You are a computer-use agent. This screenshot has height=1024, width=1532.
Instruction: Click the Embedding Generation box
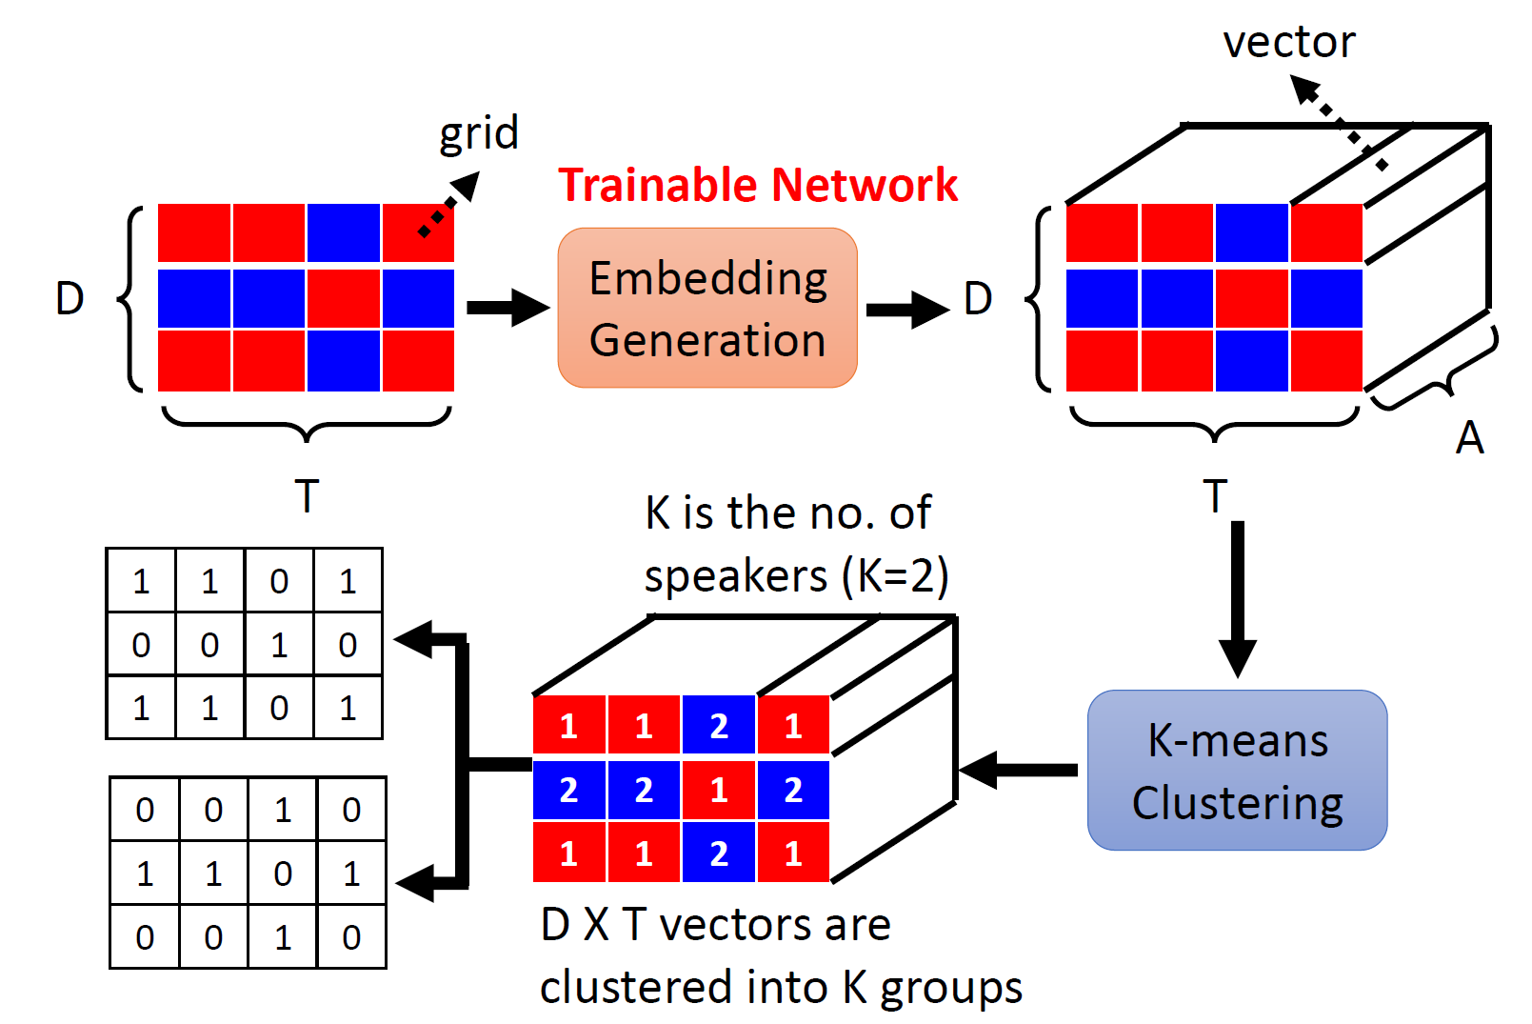[x=707, y=308]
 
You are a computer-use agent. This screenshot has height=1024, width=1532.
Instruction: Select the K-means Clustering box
[x=1237, y=771]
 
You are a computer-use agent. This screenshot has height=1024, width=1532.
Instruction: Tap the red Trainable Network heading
[x=758, y=185]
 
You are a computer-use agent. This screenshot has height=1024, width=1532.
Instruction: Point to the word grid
[x=479, y=134]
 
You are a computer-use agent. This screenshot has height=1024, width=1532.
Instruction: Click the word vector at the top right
[x=1289, y=42]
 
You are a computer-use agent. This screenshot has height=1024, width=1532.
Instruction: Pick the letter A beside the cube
[x=1470, y=437]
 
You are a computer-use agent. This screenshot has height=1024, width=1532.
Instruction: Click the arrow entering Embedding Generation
[x=508, y=308]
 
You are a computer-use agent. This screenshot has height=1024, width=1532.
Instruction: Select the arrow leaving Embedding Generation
[x=908, y=310]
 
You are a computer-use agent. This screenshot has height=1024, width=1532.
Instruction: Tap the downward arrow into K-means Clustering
[x=1237, y=599]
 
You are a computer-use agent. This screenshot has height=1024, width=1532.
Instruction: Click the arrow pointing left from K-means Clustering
[x=1019, y=771]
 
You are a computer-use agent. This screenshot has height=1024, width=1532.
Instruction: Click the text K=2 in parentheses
[x=895, y=576]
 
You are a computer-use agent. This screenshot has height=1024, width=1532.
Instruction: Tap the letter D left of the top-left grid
[x=70, y=299]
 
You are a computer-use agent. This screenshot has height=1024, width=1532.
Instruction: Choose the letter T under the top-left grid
[x=308, y=496]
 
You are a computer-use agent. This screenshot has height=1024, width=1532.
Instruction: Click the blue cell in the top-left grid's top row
[x=344, y=232]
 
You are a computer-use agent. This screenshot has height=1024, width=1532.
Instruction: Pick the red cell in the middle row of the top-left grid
[x=344, y=298]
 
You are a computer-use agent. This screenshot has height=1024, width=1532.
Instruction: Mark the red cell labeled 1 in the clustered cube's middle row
[x=718, y=790]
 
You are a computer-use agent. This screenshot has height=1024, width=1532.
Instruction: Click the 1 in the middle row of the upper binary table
[x=279, y=645]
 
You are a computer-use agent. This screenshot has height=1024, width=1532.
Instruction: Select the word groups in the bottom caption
[x=951, y=990]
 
